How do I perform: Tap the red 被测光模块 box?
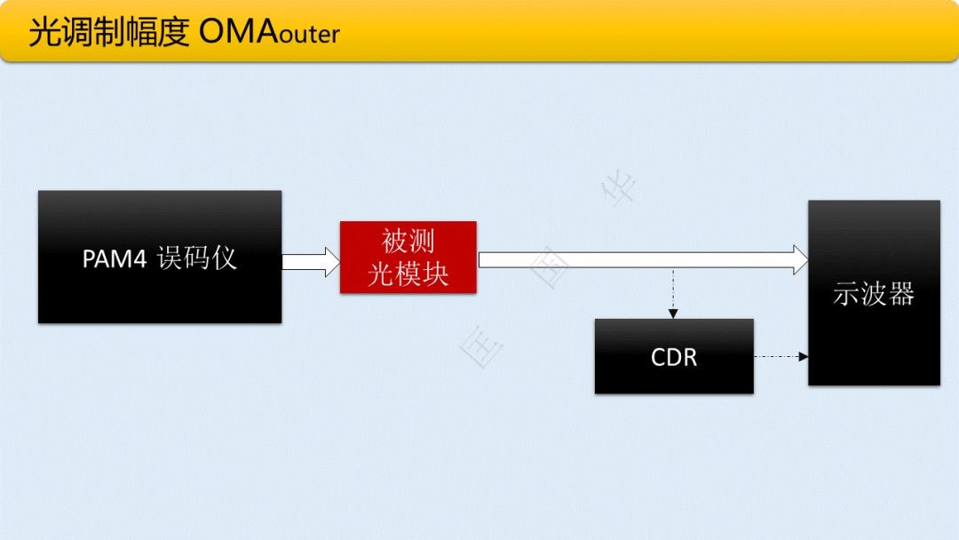(x=408, y=257)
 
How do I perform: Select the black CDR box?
(x=674, y=356)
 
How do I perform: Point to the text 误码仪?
(x=197, y=258)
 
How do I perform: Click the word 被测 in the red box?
(x=408, y=242)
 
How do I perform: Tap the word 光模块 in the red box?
(x=408, y=274)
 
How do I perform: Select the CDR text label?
(x=674, y=357)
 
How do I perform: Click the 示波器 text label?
(x=874, y=294)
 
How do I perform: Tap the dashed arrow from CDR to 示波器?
(x=781, y=356)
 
